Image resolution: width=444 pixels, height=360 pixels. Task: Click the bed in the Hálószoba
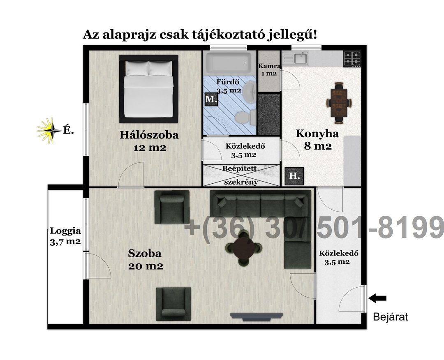149,89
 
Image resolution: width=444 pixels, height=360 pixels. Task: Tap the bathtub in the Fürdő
228,63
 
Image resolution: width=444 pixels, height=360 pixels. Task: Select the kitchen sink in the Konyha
296,58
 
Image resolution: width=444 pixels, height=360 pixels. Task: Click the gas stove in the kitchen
352,59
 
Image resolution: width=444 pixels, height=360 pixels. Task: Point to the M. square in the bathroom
211,99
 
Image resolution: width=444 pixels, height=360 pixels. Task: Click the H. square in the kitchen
294,176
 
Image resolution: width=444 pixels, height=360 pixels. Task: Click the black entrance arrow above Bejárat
377,298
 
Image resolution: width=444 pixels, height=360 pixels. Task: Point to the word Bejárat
391,317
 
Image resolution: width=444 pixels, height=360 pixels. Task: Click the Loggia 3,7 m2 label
65,236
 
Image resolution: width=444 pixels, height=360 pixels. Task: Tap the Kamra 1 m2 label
269,69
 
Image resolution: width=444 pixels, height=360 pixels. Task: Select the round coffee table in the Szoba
243,248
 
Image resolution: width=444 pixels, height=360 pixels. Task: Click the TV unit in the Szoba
256,317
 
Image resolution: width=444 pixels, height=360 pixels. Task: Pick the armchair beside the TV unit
173,304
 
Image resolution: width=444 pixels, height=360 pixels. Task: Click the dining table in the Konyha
339,103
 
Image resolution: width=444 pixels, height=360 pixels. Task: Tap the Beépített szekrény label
240,175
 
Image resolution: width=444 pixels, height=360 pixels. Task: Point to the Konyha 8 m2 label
317,140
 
